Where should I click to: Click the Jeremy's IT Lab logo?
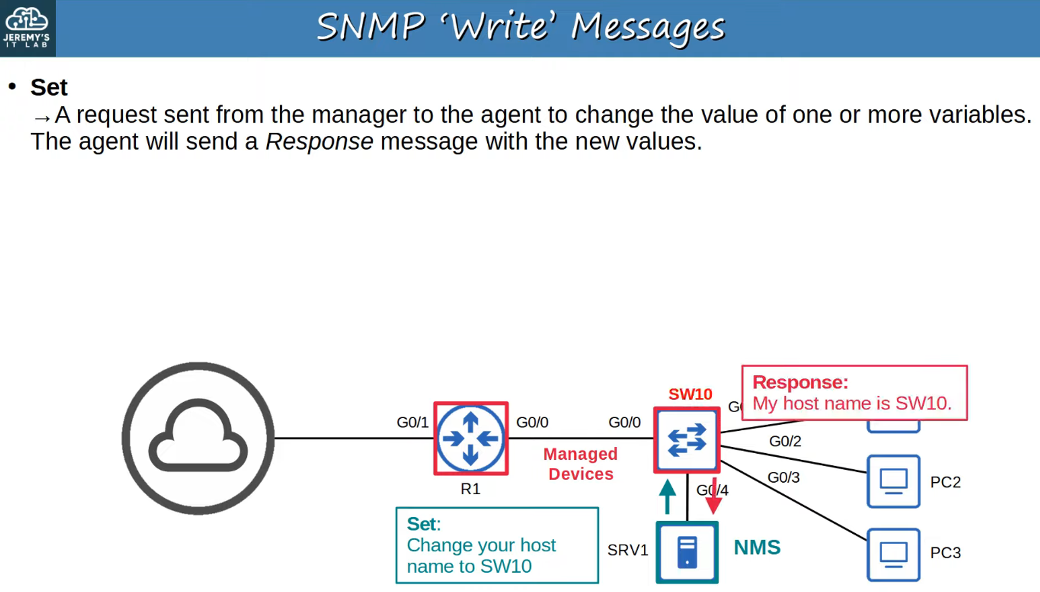point(27,28)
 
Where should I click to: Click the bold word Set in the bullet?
point(49,87)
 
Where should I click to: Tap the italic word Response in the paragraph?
point(319,141)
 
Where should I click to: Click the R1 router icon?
point(471,439)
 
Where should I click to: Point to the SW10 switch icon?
point(687,440)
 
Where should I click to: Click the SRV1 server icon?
point(687,552)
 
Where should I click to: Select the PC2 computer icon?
point(893,481)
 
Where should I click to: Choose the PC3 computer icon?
point(893,555)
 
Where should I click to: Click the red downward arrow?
point(713,497)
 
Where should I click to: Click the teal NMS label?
point(757,547)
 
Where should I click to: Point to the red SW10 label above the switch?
point(690,394)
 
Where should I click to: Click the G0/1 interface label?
point(412,422)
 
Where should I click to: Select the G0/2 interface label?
point(785,441)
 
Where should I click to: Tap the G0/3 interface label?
point(784,478)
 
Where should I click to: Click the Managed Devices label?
point(580,464)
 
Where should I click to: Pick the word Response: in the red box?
point(800,382)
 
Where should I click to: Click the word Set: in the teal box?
point(423,524)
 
